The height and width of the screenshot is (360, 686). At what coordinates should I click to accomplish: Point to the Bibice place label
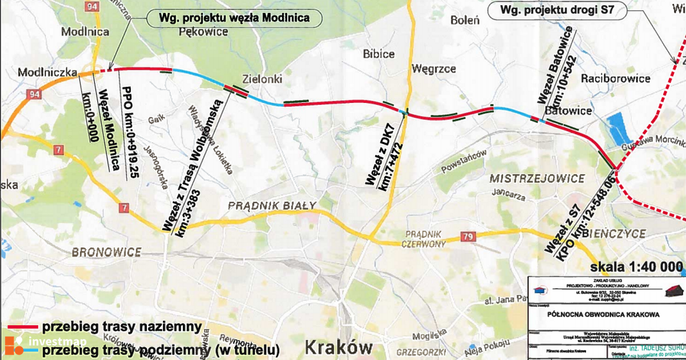(x=378, y=54)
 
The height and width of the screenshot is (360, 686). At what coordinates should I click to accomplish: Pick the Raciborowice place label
(x=615, y=78)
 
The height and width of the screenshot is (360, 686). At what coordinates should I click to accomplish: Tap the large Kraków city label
(x=338, y=346)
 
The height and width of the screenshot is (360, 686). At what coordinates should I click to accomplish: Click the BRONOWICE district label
(x=107, y=251)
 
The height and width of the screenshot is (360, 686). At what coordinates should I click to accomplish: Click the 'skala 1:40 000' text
(x=636, y=267)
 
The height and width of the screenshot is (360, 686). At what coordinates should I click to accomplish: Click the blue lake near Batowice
(x=618, y=128)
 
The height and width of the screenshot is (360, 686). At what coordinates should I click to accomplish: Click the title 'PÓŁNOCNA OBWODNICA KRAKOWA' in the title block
(x=604, y=314)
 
